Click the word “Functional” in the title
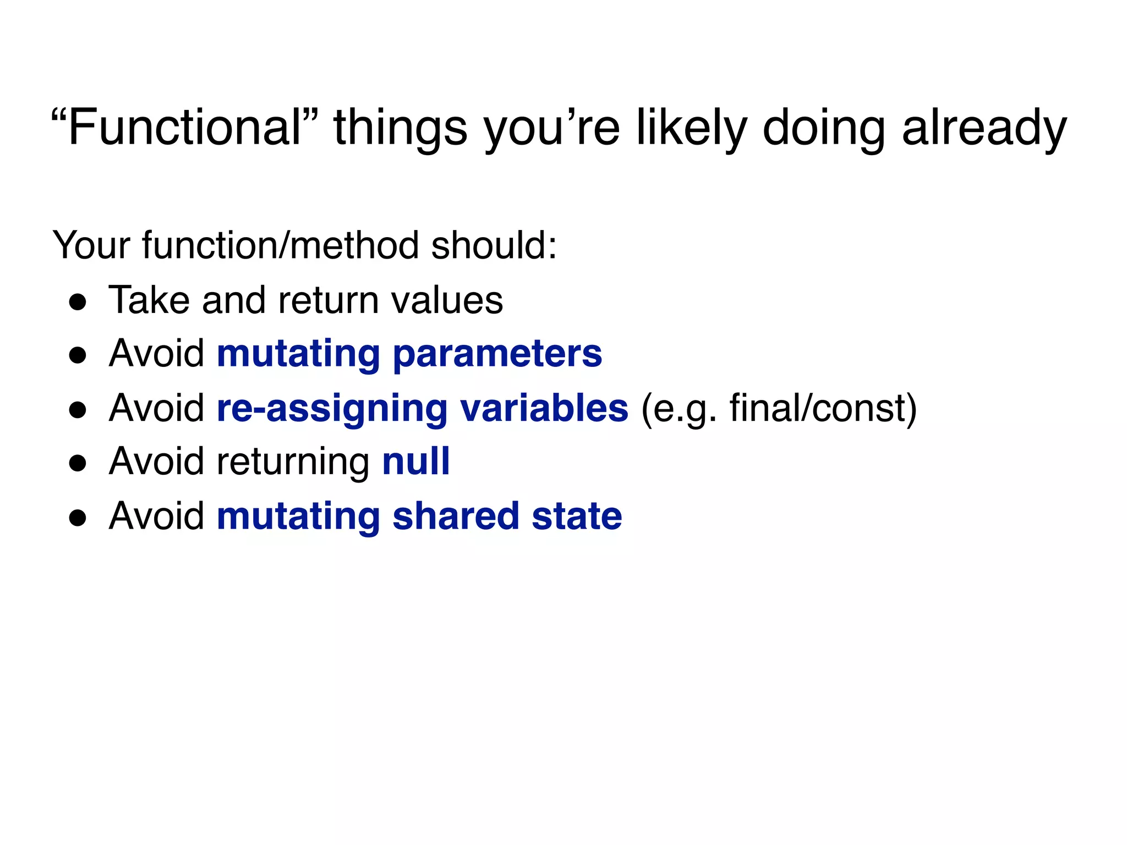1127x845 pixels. pyautogui.click(x=184, y=128)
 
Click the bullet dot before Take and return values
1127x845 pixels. pyautogui.click(x=78, y=301)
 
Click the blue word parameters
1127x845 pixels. pyautogui.click(x=497, y=354)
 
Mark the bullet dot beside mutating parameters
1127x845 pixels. pyautogui.click(x=78, y=355)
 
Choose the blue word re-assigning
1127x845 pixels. pyautogui.click(x=332, y=409)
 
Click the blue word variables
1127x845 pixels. pyautogui.click(x=544, y=408)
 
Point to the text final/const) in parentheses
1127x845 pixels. pyautogui.click(x=823, y=408)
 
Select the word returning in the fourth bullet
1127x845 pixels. pyautogui.click(x=293, y=462)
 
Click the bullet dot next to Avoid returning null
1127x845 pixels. pyautogui.click(x=78, y=463)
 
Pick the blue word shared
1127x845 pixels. pyautogui.click(x=456, y=516)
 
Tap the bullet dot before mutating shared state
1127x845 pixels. pyautogui.click(x=78, y=517)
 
